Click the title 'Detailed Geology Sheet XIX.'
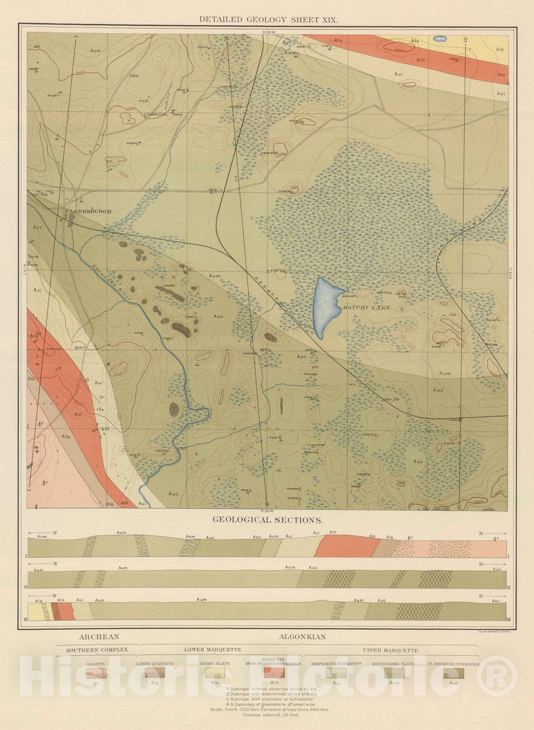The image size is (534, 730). coord(268,19)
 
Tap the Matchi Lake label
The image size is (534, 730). coord(366,308)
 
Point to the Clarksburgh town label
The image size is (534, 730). coord(88,211)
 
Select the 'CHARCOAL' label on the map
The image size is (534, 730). coord(156,115)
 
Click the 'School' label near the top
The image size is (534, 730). coord(202,47)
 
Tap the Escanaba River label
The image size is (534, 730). coord(112,282)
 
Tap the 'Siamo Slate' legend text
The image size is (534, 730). coord(215,663)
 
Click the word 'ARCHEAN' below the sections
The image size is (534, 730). coord(99,637)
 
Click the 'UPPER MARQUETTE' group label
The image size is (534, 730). coord(390,650)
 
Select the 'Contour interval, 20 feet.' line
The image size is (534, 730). coord(271,715)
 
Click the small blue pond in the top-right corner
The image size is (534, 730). coord(439,39)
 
